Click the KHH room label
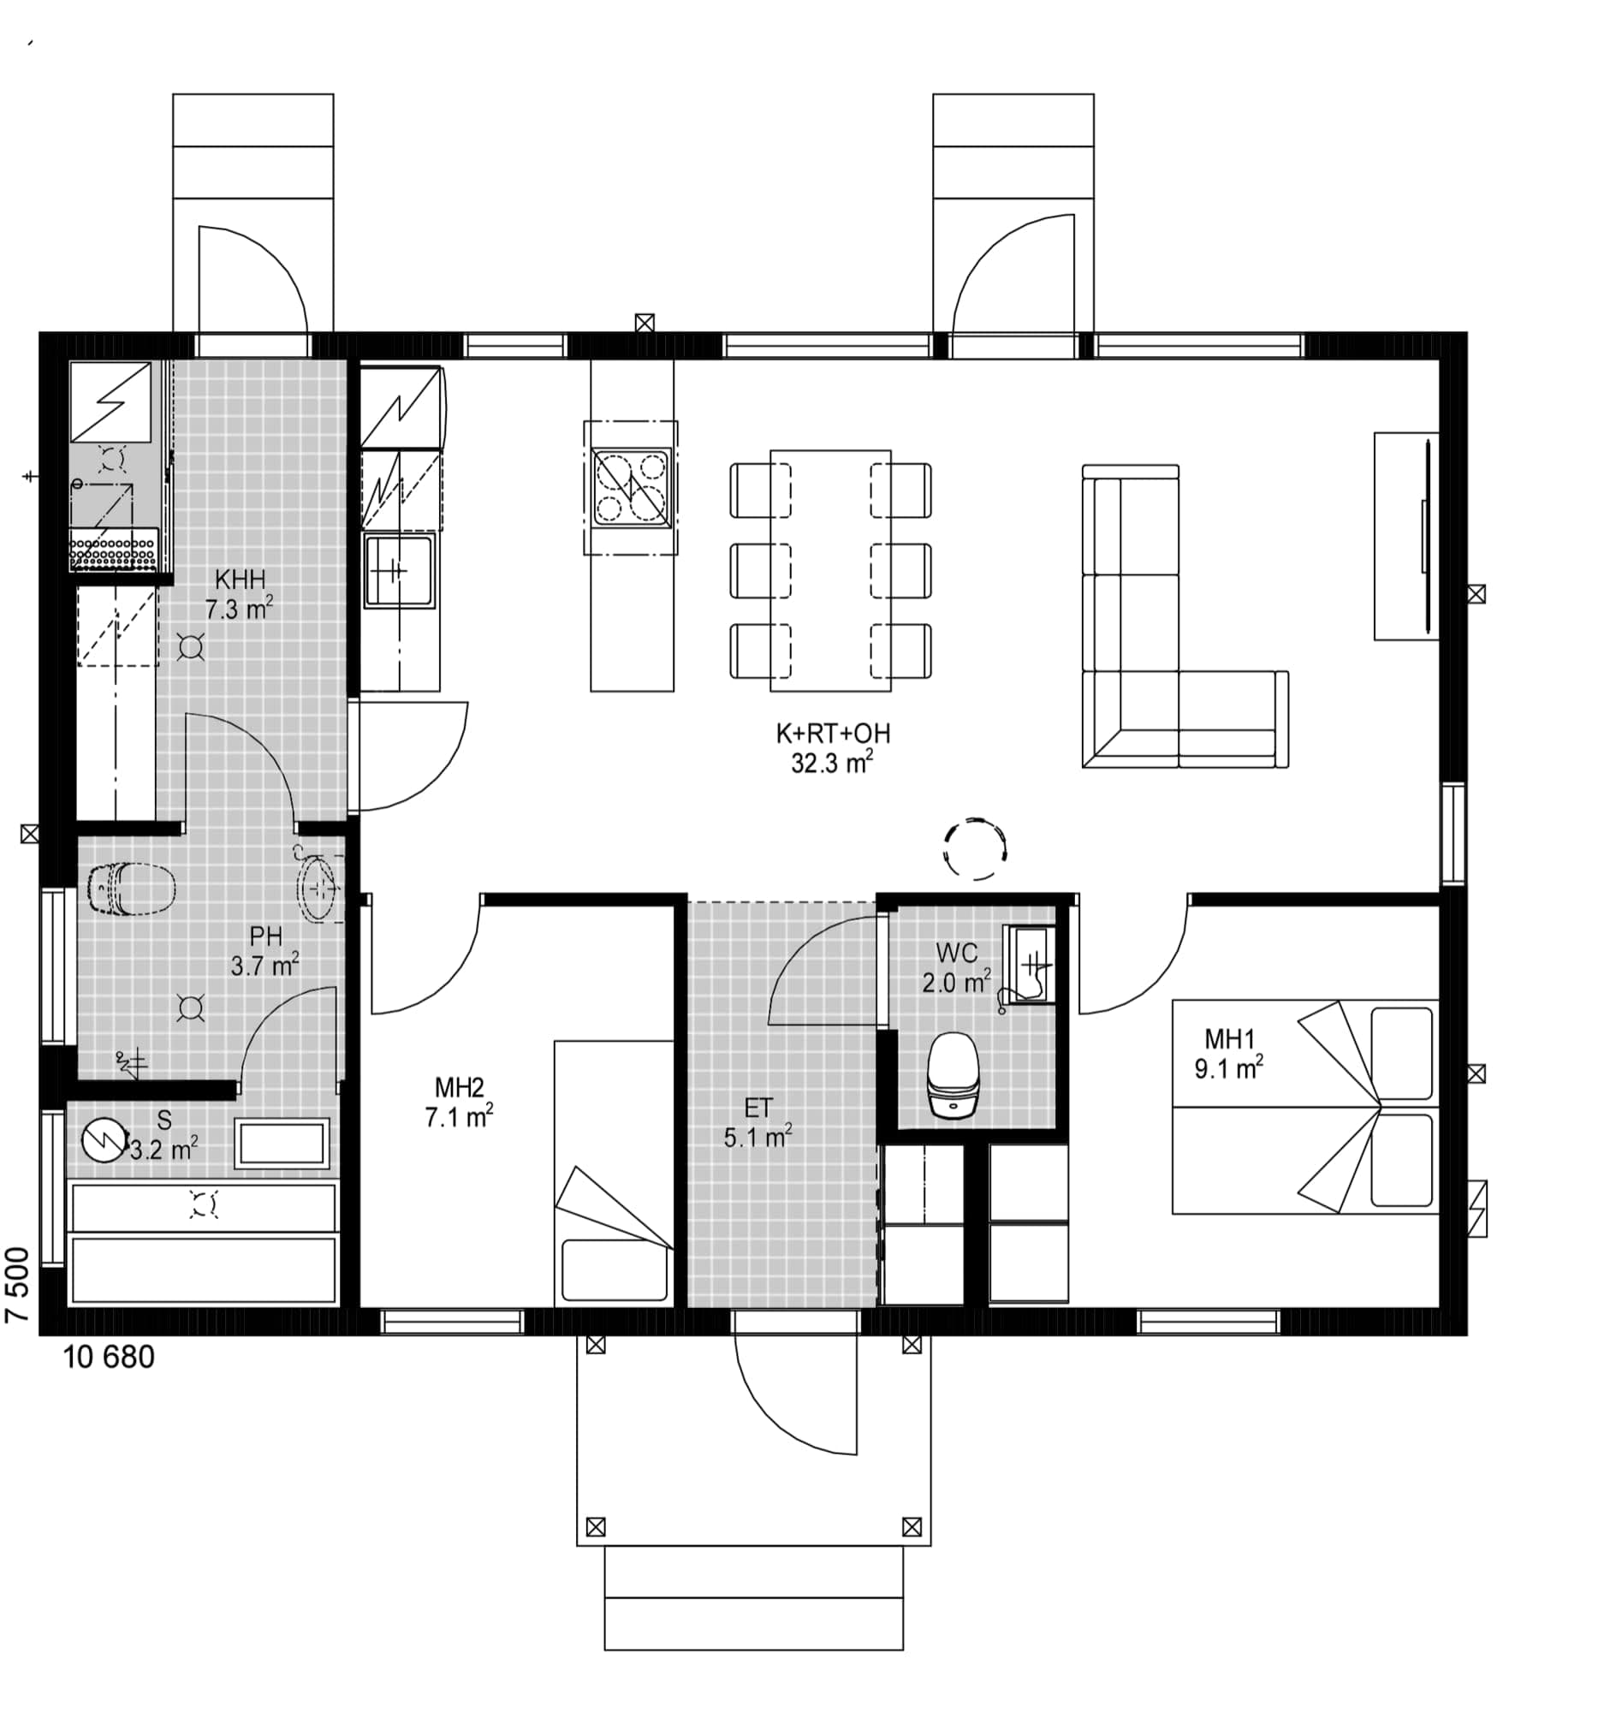coord(241,579)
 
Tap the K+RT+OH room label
coord(833,734)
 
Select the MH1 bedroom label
coord(1229,1039)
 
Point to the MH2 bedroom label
coord(460,1088)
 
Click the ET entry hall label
coord(757,1108)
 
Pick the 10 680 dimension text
coord(110,1358)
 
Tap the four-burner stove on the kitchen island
coord(631,487)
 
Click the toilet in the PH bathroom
coord(132,888)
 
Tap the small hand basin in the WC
coord(1028,965)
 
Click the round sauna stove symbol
coord(104,1140)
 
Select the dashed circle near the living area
coord(976,849)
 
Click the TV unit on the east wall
coord(1406,537)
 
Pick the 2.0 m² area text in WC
coord(957,983)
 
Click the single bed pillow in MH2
coord(614,1270)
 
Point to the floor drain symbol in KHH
coord(190,647)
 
